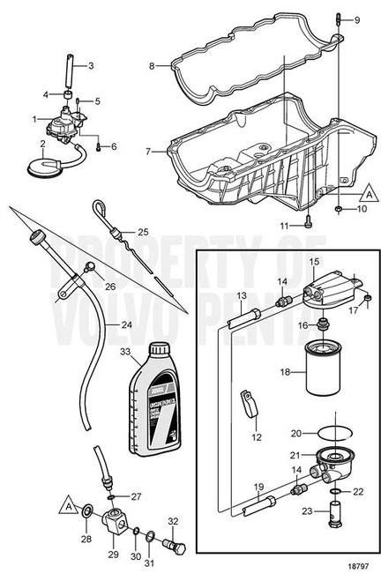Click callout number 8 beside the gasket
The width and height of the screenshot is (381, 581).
(152, 65)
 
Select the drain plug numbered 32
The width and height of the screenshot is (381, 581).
(176, 546)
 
